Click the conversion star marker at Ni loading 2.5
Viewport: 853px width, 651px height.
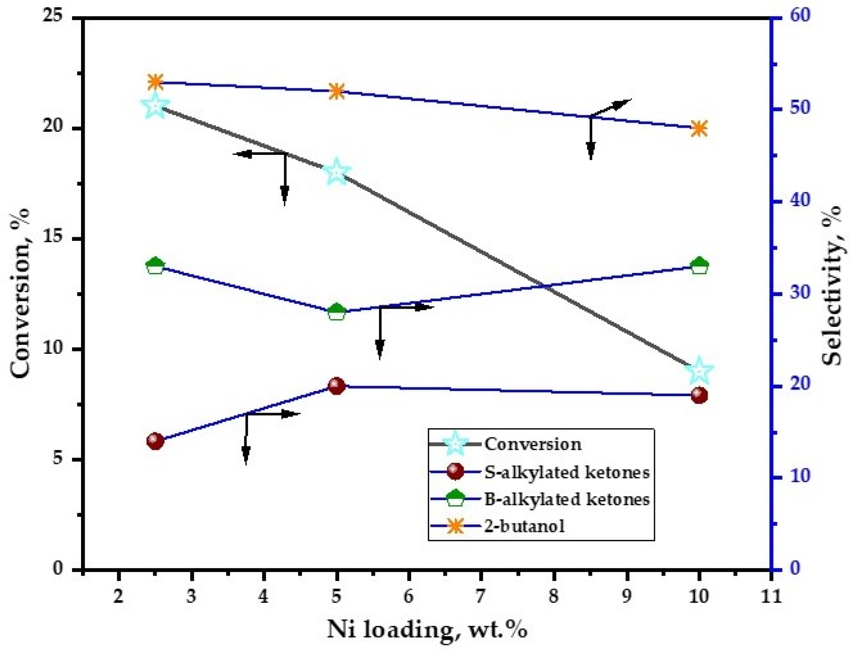156,106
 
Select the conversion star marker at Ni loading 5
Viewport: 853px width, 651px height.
337,172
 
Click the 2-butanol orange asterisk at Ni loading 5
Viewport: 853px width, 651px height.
337,91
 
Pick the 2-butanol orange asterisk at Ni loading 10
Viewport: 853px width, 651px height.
700,128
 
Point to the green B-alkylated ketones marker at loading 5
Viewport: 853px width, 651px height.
337,312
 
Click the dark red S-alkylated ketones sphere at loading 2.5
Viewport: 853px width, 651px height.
156,441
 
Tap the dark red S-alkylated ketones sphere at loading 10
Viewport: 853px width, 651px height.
700,395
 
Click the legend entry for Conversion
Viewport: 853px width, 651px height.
532,444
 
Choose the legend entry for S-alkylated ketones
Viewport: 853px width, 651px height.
567,472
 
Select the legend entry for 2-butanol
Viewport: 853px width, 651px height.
524,526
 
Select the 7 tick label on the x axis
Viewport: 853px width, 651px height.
481,596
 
